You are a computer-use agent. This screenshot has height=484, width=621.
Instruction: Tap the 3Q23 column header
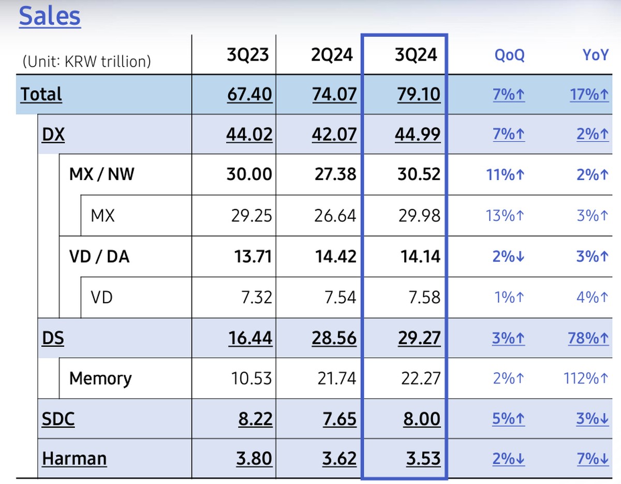coord(249,55)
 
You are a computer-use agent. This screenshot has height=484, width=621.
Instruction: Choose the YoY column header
coord(595,55)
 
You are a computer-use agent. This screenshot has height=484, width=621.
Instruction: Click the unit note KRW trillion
coord(86,62)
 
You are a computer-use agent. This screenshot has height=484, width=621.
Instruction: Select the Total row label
coord(41,94)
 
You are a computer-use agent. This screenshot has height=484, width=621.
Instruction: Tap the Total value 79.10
coord(419,94)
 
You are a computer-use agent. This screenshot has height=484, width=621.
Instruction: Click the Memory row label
coord(100,378)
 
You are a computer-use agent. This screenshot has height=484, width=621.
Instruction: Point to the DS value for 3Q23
coord(250,338)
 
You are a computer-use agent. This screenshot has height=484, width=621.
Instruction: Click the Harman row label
coord(75,459)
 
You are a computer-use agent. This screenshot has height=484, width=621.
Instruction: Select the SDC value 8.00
coord(421,418)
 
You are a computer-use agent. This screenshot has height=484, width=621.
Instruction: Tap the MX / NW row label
coord(101,174)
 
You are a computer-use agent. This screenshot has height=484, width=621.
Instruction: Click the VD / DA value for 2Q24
coord(335,256)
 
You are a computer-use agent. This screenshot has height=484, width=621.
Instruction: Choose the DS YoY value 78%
coord(589,338)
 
